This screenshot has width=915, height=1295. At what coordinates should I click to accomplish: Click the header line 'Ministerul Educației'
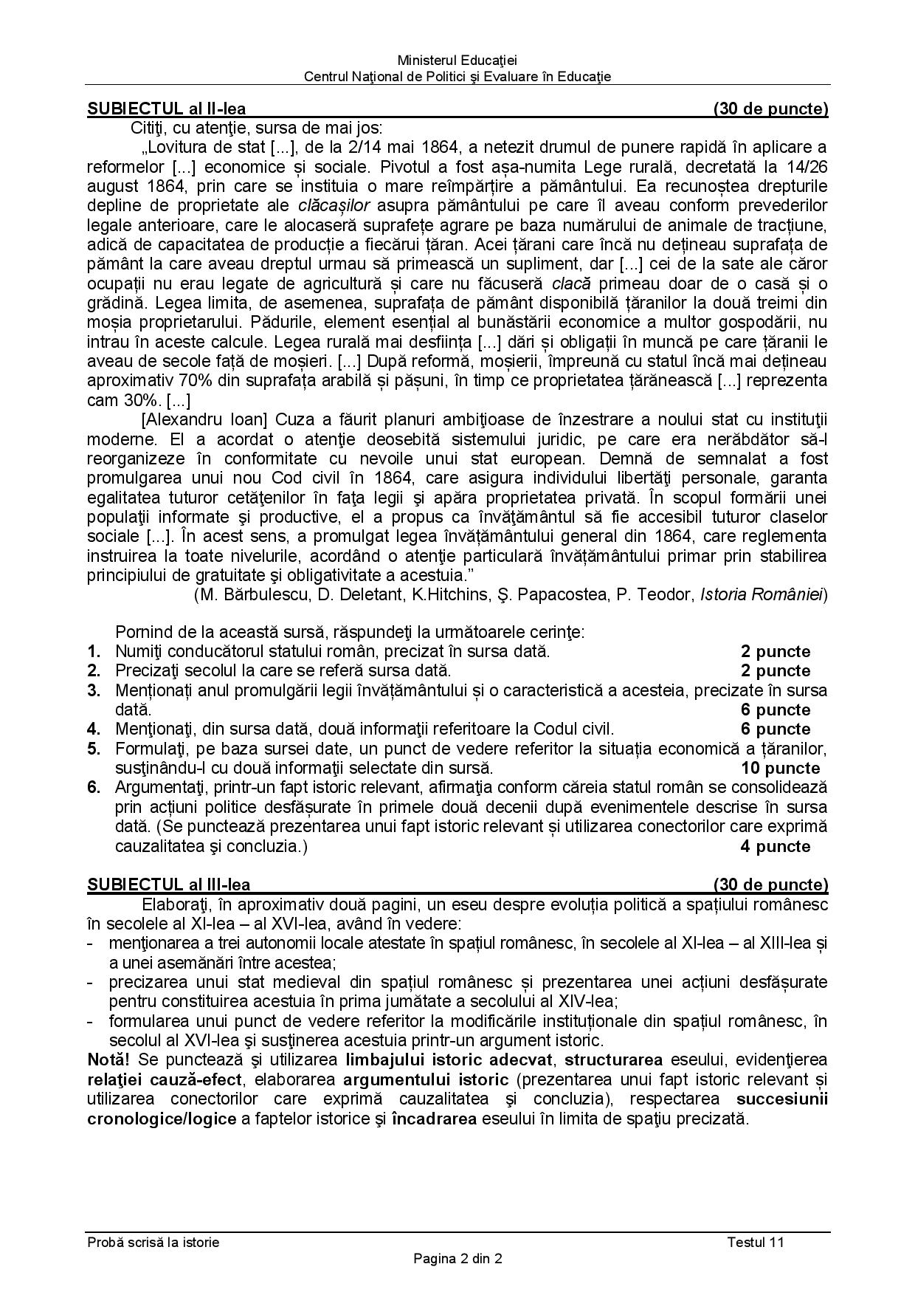tap(457, 61)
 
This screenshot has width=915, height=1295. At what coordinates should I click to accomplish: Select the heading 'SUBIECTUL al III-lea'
tap(168, 884)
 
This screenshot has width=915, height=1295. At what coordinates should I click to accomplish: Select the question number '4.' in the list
tap(94, 729)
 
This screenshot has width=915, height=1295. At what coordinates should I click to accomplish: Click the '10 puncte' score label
tap(780, 768)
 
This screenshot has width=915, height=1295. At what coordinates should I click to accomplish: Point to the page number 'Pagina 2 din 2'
tap(457, 1259)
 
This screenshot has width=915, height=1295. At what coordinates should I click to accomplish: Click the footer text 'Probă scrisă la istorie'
tap(153, 1242)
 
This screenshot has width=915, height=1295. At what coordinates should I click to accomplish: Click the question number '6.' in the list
tap(94, 787)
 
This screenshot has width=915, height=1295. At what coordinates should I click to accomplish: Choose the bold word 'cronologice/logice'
tap(162, 1119)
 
